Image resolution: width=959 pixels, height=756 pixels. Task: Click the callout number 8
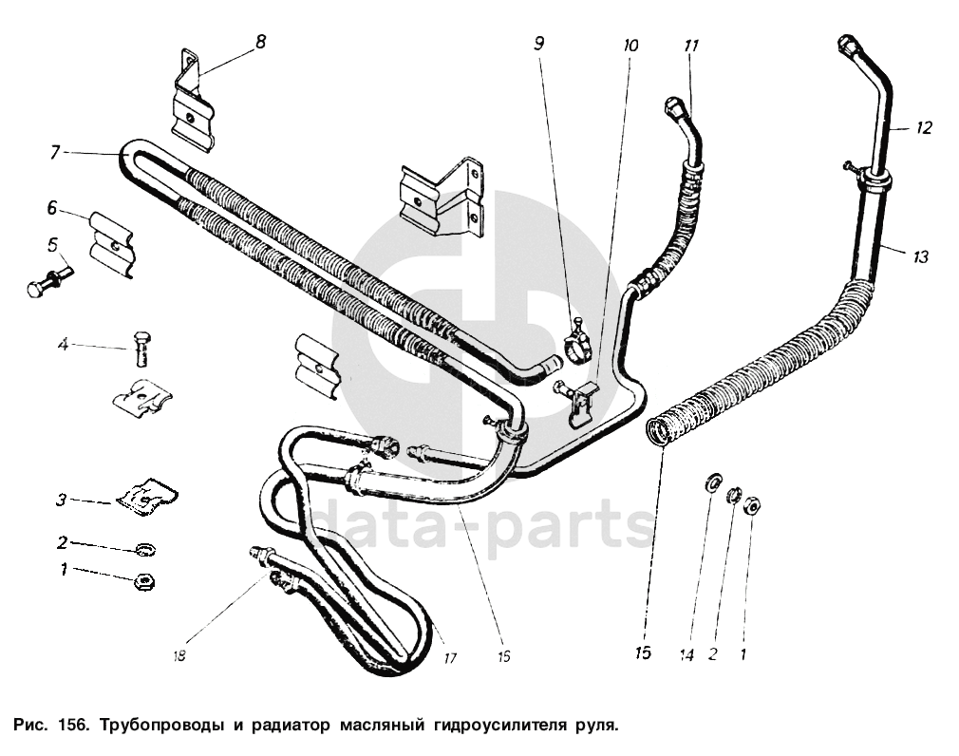click(260, 42)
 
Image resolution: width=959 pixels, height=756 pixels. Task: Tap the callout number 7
click(56, 152)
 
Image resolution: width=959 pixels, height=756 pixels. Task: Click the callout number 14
click(687, 655)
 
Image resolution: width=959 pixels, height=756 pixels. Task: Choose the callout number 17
click(450, 656)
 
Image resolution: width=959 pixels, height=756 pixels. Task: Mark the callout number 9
click(539, 43)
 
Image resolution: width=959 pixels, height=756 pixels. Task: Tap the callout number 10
click(631, 45)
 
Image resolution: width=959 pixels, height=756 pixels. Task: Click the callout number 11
click(691, 45)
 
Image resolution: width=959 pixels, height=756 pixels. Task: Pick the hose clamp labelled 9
click(577, 344)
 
